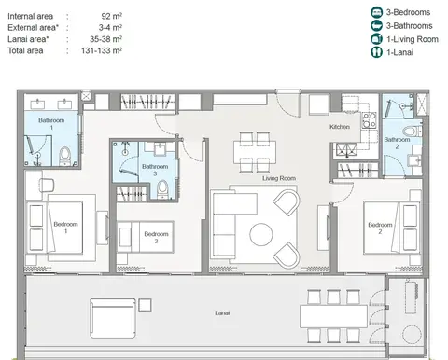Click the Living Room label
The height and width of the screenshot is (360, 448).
pyautogui.click(x=279, y=178)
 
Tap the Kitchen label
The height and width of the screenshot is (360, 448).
pyautogui.click(x=340, y=127)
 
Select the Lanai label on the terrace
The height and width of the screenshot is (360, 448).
pyautogui.click(x=222, y=312)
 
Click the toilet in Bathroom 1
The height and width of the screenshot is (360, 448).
pyautogui.click(x=65, y=157)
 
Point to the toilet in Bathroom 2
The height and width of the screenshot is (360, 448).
pyautogui.click(x=412, y=131)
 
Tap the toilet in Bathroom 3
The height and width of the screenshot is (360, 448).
pyautogui.click(x=162, y=189)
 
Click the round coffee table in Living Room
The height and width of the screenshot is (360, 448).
pyautogui.click(x=261, y=234)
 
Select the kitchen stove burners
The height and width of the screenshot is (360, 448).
pyautogui.click(x=370, y=120)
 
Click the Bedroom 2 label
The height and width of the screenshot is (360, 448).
pyautogui.click(x=380, y=228)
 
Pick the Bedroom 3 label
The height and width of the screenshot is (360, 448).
pyautogui.click(x=156, y=237)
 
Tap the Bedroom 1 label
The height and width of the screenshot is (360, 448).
pyautogui.click(x=65, y=228)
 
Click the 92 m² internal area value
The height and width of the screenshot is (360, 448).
pyautogui.click(x=111, y=16)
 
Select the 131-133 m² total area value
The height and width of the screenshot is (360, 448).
pyautogui.click(x=102, y=50)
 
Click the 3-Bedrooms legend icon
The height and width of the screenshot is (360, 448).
pyautogui.click(x=376, y=12)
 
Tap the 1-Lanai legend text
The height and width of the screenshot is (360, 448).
pyautogui.click(x=399, y=52)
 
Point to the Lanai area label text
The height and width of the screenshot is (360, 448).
pyautogui.click(x=28, y=39)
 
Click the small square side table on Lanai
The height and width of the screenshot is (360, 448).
pyautogui.click(x=145, y=305)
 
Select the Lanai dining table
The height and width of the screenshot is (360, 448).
pyautogui.click(x=333, y=316)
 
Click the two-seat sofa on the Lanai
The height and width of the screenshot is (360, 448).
pyautogui.click(x=113, y=318)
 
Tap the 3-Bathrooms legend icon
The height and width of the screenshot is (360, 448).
pyautogui.click(x=376, y=25)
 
